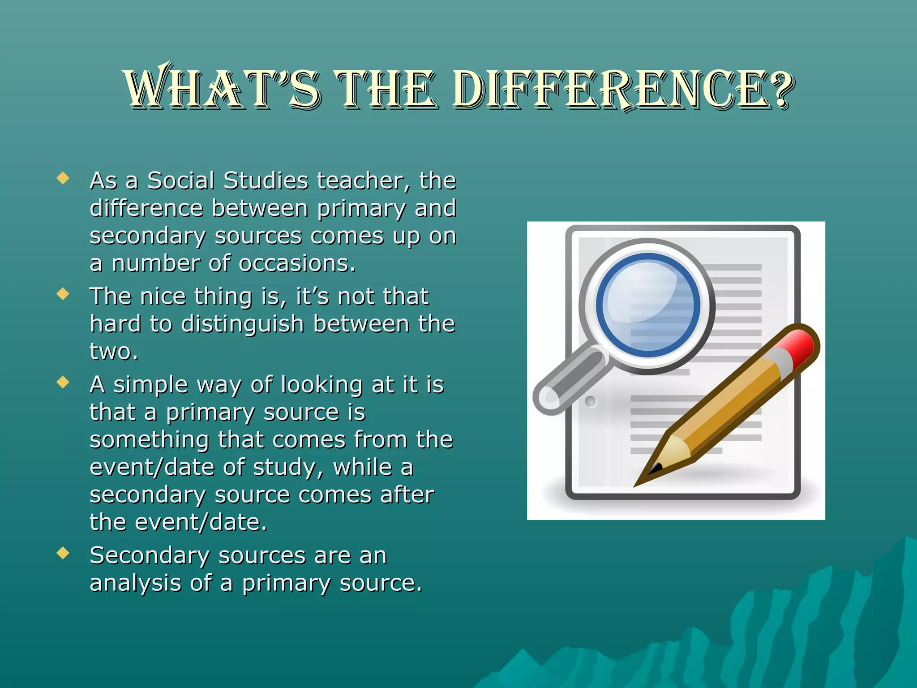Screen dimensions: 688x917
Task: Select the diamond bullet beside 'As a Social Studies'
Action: [x=63, y=179]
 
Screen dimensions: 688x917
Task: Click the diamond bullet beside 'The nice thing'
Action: [x=63, y=294]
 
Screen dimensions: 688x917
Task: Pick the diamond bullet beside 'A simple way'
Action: [x=63, y=383]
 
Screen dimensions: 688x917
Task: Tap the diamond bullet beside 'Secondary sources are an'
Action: [x=63, y=553]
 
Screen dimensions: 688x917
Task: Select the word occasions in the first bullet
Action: [x=297, y=263]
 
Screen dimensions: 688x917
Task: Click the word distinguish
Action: [x=242, y=324]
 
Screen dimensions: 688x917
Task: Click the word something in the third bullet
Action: [x=149, y=441]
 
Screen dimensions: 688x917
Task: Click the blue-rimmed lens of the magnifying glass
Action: [x=647, y=305]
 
